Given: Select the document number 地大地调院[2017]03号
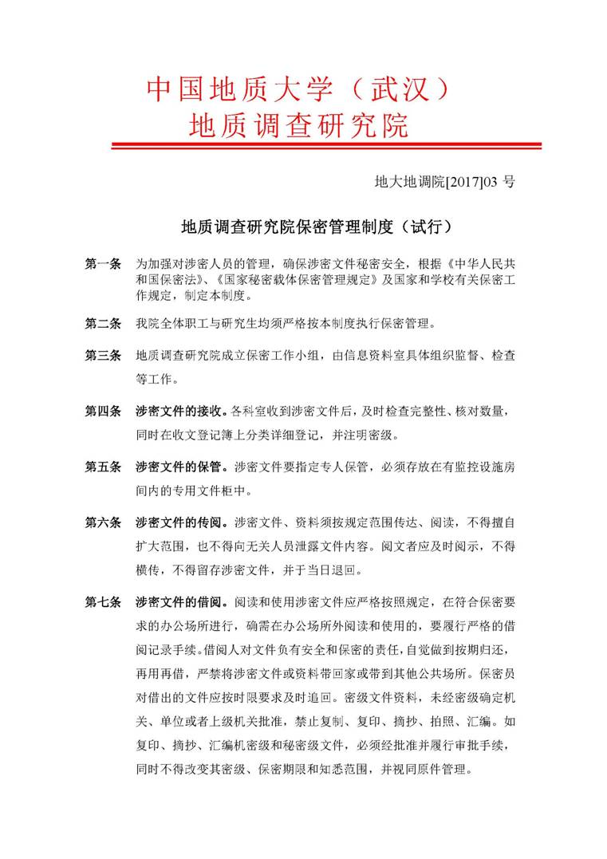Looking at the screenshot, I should (x=444, y=182).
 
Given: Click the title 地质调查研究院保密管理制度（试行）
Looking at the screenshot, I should (x=317, y=227).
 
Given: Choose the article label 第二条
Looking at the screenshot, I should (x=103, y=324).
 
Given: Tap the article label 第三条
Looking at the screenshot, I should (x=103, y=354).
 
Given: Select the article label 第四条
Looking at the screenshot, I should (x=103, y=412).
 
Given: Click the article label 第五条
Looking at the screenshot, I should (x=103, y=467).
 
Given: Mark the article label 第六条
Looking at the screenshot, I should (x=103, y=523).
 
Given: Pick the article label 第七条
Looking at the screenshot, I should (x=103, y=603).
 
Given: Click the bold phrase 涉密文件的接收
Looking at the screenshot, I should (x=179, y=412).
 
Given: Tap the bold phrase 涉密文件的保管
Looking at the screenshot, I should (x=179, y=467).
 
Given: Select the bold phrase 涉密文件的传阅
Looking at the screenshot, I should (x=179, y=523).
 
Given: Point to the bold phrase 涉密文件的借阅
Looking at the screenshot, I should (x=179, y=603).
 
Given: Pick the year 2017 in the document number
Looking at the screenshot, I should (x=463, y=182).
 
